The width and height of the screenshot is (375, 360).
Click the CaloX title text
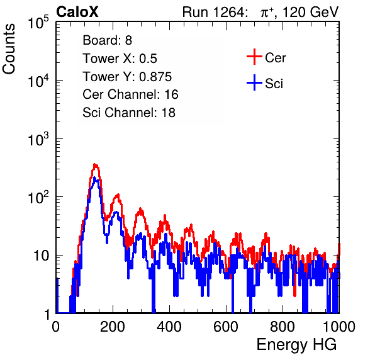click(77, 12)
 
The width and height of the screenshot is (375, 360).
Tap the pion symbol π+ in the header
click(267, 13)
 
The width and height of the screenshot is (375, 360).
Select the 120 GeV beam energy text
click(311, 12)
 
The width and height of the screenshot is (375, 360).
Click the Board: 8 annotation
click(107, 40)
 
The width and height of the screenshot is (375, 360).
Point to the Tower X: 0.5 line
click(120, 59)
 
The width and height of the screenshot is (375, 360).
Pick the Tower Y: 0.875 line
click(127, 77)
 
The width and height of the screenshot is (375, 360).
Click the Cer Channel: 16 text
click(130, 94)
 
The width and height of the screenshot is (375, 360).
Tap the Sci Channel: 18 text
click(129, 113)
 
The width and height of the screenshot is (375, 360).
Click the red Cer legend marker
click(254, 57)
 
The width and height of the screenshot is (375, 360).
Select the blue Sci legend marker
click(254, 82)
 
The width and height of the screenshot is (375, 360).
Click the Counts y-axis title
click(9, 49)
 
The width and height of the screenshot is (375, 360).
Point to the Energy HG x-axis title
click(296, 345)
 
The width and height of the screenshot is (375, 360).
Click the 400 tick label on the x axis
click(169, 327)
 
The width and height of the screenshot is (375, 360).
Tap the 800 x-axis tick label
click(283, 327)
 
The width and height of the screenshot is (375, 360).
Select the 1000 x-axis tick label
click(339, 327)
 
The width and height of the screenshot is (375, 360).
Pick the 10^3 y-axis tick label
click(38, 139)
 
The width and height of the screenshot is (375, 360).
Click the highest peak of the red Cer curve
click(95, 165)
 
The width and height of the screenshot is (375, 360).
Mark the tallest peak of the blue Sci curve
click(94, 177)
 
